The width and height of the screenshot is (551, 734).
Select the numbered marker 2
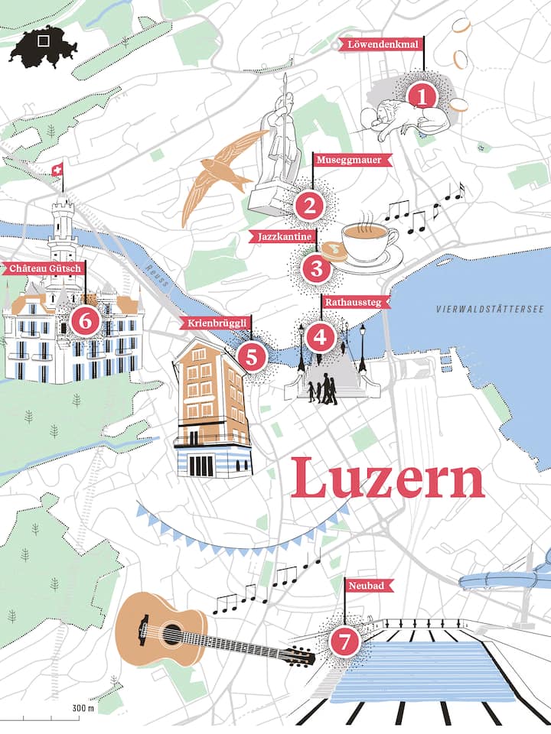310,204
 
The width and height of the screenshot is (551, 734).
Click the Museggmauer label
353,160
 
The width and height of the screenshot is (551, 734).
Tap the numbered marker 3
316,268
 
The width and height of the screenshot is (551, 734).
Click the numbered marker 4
320,336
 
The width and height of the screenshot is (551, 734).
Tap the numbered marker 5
252,356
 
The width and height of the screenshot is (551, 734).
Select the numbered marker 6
84,321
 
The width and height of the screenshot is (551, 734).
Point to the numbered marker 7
344,643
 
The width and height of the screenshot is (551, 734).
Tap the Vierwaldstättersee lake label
488,309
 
